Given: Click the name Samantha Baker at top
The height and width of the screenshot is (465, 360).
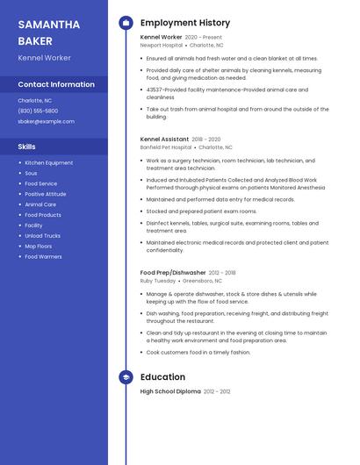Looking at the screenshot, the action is pos(48,32).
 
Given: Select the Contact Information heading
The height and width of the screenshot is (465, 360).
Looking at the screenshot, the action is pos(56,84).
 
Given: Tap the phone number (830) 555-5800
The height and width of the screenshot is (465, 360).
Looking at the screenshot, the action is pos(38,111).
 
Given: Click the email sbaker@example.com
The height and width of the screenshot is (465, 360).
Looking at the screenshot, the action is pos(46,121).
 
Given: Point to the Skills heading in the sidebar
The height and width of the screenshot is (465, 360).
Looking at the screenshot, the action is pos(26,147).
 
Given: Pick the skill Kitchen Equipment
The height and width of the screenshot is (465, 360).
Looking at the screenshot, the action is pos(49,163).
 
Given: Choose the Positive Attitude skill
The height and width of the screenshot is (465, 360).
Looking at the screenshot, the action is pos(46,194).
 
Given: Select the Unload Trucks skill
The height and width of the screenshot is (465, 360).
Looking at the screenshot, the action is pos(42,236).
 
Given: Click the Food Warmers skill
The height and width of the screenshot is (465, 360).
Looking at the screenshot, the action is pos(43,257).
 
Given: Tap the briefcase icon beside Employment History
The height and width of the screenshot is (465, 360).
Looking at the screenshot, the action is pos(126,23).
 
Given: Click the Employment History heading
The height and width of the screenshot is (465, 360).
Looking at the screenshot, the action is pos(184,23).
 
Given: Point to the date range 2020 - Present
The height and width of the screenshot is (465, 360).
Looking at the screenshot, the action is pos(204,38).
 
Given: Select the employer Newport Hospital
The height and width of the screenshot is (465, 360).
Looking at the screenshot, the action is pos(160,45).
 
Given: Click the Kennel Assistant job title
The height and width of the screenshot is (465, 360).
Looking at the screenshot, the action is pos(164,139).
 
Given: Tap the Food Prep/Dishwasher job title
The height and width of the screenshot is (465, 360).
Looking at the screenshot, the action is pos(173,273).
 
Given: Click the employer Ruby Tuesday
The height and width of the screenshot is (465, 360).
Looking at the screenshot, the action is pos(158,281).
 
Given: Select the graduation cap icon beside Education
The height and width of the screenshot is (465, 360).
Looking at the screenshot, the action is pos(126,376).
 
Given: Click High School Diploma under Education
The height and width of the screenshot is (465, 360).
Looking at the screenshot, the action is pos(170,391).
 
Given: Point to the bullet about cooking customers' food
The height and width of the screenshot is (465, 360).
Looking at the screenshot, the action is pos(198,352).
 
